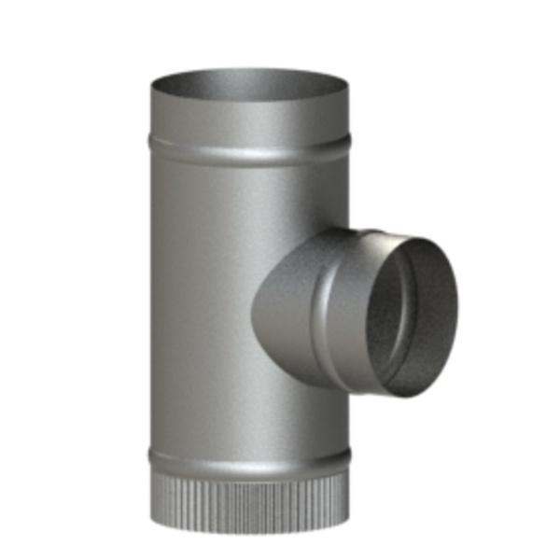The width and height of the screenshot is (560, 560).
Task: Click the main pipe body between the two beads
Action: point(205,299)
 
